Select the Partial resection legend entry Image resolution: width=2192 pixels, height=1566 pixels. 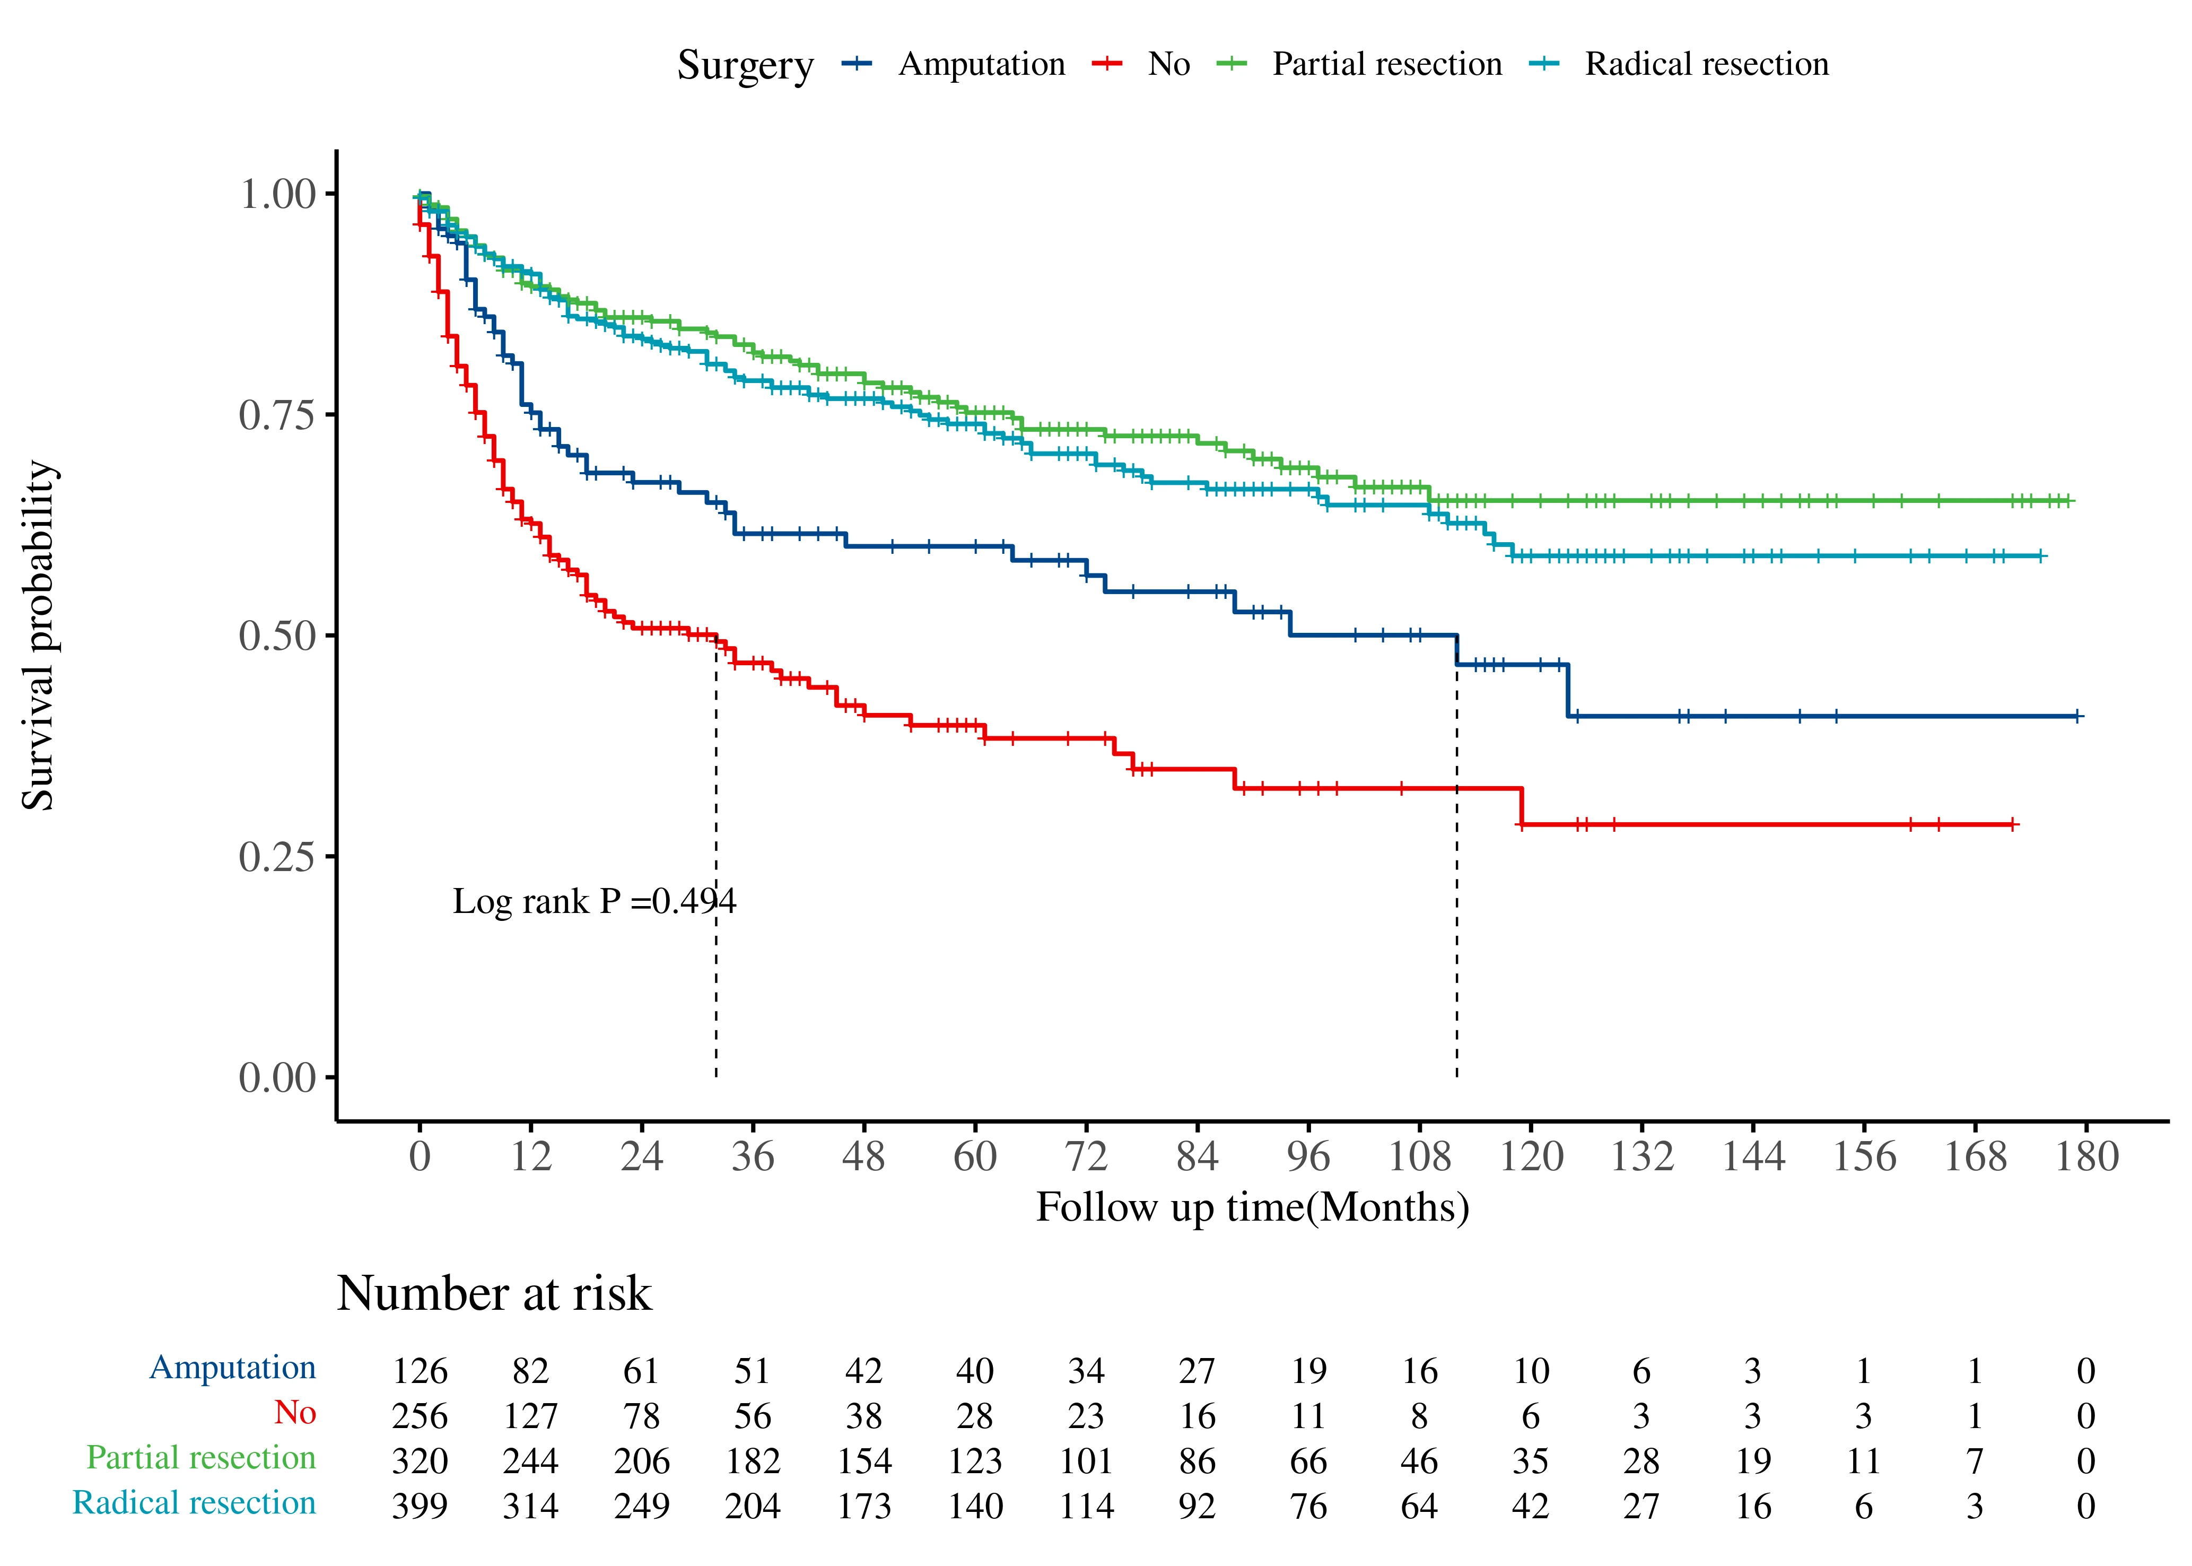point(1386,65)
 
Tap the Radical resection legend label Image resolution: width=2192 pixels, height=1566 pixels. point(1706,65)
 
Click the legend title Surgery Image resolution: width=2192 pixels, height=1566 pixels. point(744,66)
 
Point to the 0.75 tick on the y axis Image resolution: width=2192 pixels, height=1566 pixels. point(277,415)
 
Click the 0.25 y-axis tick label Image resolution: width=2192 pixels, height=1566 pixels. point(277,856)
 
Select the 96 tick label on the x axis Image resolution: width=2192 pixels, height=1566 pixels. point(1308,1156)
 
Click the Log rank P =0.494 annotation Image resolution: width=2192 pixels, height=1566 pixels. point(594,902)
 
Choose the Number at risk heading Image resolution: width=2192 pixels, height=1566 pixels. point(494,1293)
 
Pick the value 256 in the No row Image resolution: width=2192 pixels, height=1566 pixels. point(420,1415)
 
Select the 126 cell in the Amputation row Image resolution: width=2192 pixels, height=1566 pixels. point(420,1370)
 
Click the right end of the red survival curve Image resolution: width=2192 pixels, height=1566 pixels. point(2013,824)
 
